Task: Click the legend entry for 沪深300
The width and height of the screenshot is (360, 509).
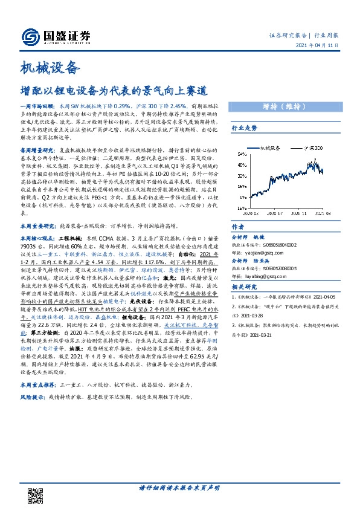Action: [311, 147]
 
